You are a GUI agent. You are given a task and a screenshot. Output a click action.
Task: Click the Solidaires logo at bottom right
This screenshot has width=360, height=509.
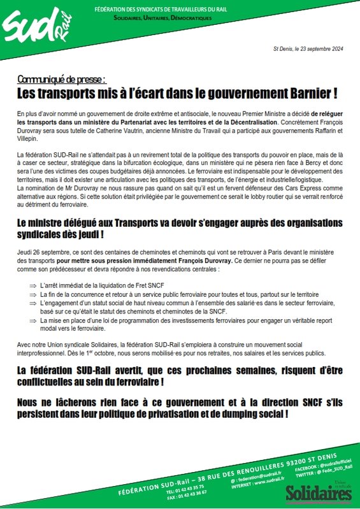click(x=318, y=493)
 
